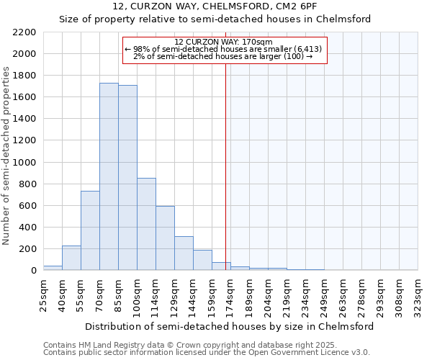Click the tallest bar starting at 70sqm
point(109,176)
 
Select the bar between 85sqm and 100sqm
point(127,178)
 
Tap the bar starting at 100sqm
point(146,224)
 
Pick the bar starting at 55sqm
point(90,230)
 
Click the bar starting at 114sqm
point(165,238)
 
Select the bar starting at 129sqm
point(184,253)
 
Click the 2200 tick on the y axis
point(24,32)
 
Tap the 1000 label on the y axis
point(24,163)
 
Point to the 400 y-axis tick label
point(27,228)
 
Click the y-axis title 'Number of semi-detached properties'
point(7,156)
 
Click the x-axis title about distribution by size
point(230,326)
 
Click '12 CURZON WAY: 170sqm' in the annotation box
point(224,42)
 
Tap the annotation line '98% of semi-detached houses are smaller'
point(224,49)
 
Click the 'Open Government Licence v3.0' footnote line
point(207,353)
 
